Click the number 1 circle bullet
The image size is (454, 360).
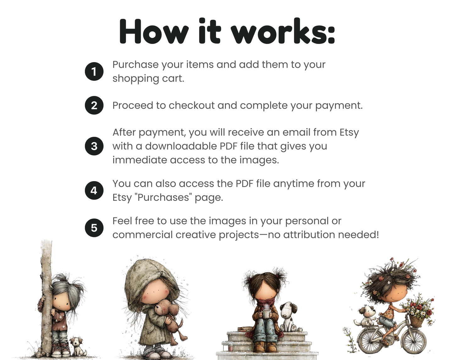tap(94, 72)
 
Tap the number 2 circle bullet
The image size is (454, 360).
tap(94, 105)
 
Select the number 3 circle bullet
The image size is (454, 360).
tap(94, 146)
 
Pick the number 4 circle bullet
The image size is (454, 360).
tap(94, 191)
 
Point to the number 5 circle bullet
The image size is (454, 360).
tap(94, 228)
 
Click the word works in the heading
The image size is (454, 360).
tap(282, 32)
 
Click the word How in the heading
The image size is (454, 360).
tap(154, 32)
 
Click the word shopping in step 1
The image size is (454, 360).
tap(136, 78)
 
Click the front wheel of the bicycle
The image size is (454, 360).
tap(414, 341)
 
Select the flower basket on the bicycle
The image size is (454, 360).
tap(416, 320)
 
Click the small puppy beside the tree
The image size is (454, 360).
tap(77, 346)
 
